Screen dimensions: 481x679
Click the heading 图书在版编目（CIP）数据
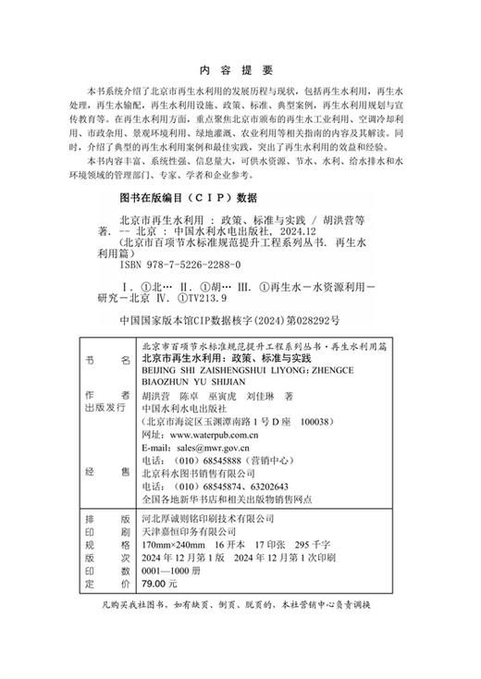coord(176,197)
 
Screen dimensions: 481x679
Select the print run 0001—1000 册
coord(169,571)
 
